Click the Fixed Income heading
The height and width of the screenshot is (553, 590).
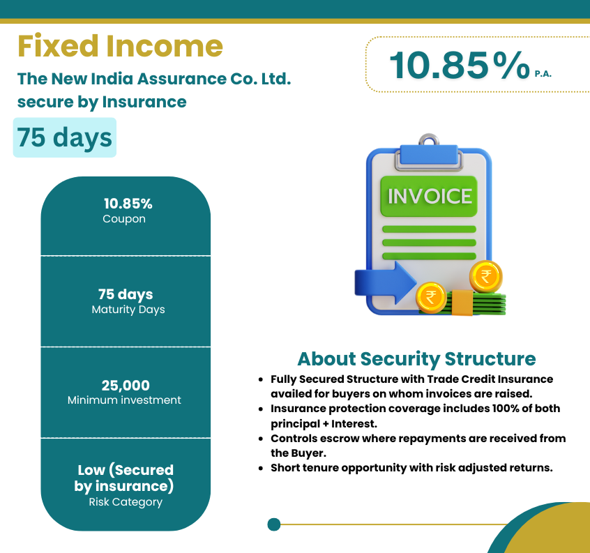[120, 46]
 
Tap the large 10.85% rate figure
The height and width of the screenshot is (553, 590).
[460, 66]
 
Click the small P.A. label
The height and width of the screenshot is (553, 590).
[543, 74]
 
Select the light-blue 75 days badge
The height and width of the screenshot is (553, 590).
[65, 137]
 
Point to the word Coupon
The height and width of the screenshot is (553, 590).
[124, 219]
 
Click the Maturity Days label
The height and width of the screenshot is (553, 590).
[128, 310]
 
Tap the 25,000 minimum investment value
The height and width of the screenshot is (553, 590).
[126, 385]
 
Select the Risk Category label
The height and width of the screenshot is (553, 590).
[126, 502]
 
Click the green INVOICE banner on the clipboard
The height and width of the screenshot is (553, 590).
[429, 196]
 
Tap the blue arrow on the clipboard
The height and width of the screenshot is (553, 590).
[385, 282]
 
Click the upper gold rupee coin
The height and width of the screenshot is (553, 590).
[486, 276]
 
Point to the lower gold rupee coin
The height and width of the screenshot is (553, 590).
[431, 298]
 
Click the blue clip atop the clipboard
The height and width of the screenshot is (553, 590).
[429, 155]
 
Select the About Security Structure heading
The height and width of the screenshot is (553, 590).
[416, 358]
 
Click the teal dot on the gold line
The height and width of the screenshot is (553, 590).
[274, 524]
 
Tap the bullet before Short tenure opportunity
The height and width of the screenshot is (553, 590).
[261, 469]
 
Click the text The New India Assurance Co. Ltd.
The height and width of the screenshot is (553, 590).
[154, 79]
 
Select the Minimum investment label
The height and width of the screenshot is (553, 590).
[124, 400]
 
